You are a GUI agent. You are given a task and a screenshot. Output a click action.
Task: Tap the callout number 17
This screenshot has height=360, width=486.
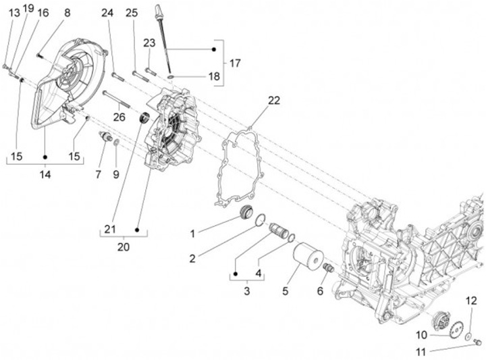[x=234, y=63]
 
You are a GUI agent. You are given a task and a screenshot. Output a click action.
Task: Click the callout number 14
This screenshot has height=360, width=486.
[x=45, y=174]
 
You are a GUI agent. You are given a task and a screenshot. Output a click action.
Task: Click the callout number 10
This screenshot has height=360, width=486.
[x=421, y=334]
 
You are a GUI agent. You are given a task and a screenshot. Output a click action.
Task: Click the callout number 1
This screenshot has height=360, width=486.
[x=192, y=234]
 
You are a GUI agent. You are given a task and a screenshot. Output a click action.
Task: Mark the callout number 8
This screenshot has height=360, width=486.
[x=67, y=12]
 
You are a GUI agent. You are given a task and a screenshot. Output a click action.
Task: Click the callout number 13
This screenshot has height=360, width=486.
[x=14, y=12]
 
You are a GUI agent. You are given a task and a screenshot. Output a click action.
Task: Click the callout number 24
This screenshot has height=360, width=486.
[x=108, y=13]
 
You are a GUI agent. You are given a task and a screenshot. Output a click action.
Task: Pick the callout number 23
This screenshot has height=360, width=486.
[x=150, y=43]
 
